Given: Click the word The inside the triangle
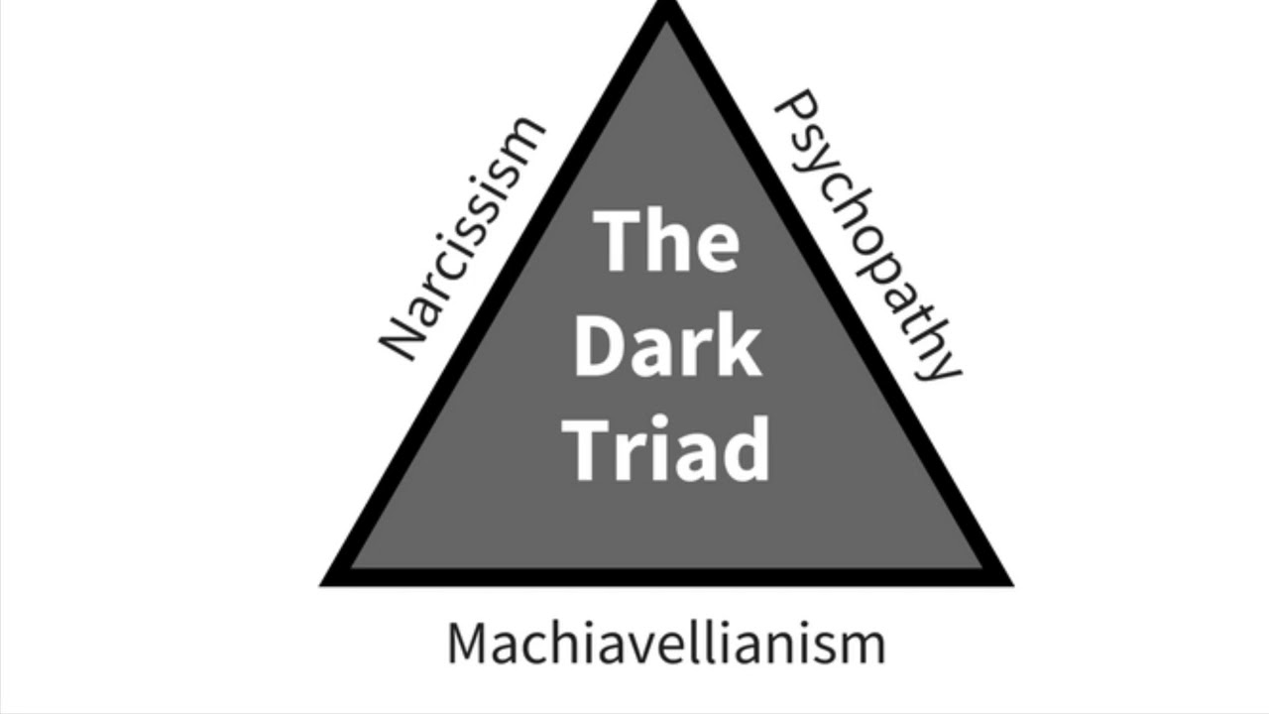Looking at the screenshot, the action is (666, 241).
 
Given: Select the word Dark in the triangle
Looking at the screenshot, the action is (667, 345).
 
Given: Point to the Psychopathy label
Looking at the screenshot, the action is (866, 235).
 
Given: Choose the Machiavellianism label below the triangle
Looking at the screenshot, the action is (666, 644).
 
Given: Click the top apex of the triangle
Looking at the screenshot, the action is (668, 2).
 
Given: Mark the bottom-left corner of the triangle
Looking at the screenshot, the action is (321, 585).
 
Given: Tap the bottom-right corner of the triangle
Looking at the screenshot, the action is (1013, 585).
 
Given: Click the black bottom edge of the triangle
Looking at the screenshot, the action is (667, 577).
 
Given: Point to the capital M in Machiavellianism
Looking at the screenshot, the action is (466, 644).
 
